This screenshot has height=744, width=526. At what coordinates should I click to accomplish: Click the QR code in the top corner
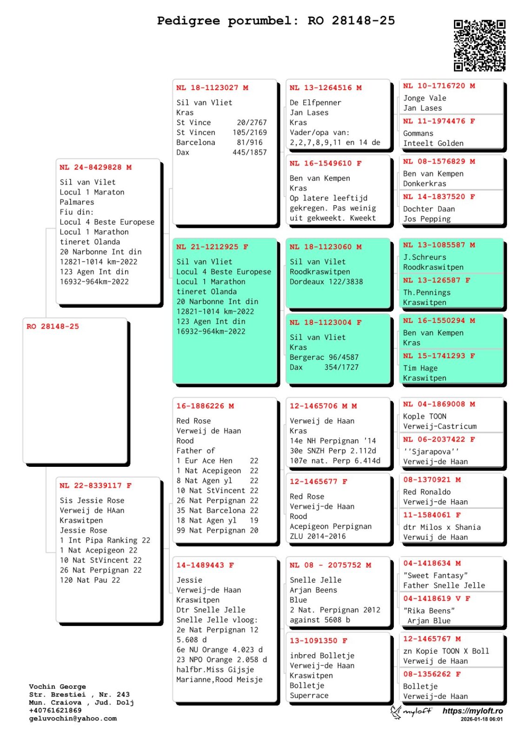tap(479, 45)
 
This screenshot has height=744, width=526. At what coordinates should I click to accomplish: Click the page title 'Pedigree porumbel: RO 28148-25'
tap(276, 21)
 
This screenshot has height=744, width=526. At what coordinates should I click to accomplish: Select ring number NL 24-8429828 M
tap(95, 167)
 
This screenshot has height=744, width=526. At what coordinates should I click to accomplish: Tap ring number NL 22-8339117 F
tap(95, 485)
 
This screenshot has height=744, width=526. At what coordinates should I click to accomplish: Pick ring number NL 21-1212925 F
tap(212, 247)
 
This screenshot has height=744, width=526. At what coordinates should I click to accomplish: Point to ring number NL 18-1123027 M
tap(212, 88)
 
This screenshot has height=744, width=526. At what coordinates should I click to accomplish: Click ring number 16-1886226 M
tap(205, 406)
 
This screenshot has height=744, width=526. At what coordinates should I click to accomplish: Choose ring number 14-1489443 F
tap(205, 565)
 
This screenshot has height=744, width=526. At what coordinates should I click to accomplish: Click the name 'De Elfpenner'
tap(315, 103)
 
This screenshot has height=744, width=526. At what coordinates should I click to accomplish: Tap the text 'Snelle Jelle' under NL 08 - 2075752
tap(315, 580)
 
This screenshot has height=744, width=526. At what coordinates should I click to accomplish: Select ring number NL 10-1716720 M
tap(439, 86)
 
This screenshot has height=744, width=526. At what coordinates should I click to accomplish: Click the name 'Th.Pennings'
tap(426, 292)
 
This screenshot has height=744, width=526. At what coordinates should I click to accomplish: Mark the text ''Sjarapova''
tap(431, 452)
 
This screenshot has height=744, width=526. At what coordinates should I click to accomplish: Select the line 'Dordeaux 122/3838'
tap(326, 282)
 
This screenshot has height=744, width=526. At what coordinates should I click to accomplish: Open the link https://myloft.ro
tap(473, 711)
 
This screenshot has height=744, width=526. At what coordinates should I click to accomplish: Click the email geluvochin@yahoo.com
tap(73, 718)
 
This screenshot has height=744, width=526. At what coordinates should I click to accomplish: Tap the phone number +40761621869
tap(55, 711)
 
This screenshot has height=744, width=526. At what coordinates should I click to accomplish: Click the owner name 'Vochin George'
tap(57, 687)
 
